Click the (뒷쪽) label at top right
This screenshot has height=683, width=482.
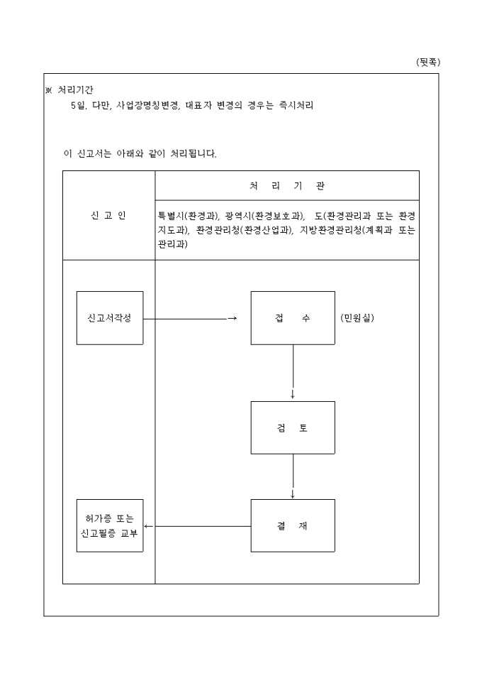[x=427, y=62]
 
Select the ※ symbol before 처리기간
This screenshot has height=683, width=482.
[x=48, y=90]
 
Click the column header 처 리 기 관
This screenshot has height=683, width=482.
[x=286, y=185]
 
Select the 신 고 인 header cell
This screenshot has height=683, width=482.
[x=108, y=215]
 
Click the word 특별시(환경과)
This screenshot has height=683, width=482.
[x=188, y=215]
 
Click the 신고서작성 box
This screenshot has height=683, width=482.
[x=109, y=318]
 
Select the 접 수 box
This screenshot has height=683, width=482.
[x=293, y=318]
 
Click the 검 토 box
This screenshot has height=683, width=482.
[x=293, y=428]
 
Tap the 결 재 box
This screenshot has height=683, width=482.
[x=293, y=526]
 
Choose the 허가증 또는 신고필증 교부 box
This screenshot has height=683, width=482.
[x=109, y=526]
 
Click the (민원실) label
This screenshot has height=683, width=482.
[x=357, y=318]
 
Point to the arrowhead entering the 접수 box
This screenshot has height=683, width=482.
[x=232, y=319]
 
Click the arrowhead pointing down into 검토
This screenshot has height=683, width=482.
[x=293, y=395]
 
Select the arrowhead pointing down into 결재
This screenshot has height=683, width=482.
[x=293, y=493]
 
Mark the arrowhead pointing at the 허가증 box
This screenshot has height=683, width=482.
[x=147, y=527]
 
